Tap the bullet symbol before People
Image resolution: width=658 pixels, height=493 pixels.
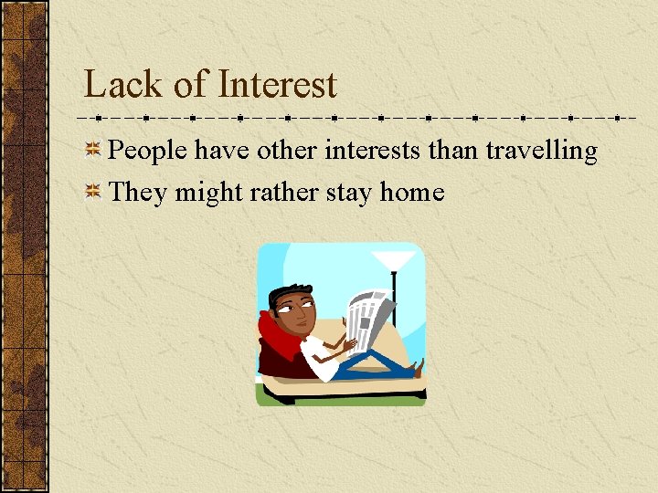pos(92,151)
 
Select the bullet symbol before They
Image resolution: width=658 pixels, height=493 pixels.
pos(92,192)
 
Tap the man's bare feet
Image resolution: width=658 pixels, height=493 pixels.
pos(418,369)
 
